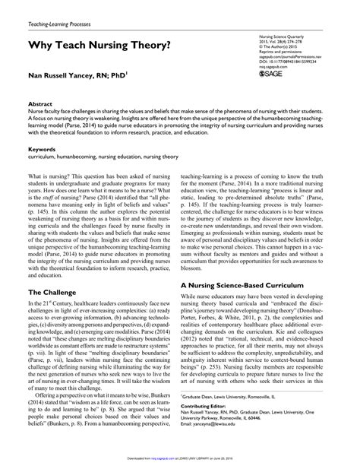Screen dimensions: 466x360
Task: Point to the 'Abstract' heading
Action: click(x=39, y=122)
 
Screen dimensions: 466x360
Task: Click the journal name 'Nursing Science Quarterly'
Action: click(x=279, y=36)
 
